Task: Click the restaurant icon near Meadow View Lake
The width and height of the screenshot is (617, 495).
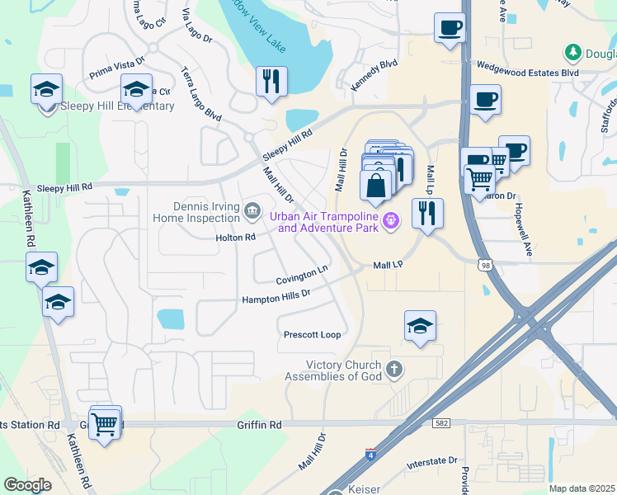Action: tap(271, 82)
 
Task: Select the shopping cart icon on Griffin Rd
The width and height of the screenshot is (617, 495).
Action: tap(105, 424)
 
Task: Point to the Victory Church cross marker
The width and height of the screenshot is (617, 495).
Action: tap(394, 369)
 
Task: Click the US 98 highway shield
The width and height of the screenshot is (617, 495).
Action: tap(484, 262)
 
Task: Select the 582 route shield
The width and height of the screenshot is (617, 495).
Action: tap(443, 423)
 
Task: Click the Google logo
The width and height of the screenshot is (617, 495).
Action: tap(28, 484)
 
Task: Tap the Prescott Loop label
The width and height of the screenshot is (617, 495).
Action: tap(312, 335)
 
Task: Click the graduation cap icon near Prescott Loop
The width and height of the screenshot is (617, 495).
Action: tap(420, 327)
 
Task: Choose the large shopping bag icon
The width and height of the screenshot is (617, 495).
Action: tap(376, 186)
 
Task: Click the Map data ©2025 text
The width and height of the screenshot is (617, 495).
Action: tap(581, 488)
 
